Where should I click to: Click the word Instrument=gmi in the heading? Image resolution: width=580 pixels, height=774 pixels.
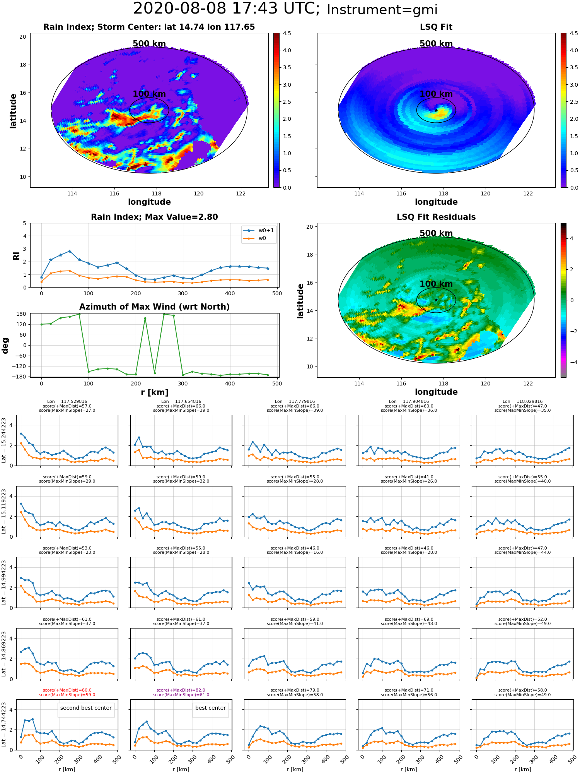click(382, 10)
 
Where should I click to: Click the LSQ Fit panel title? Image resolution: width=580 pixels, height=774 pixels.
click(436, 27)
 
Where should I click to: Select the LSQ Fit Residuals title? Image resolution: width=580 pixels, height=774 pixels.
click(436, 217)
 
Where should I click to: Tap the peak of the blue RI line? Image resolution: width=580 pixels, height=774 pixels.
click(70, 251)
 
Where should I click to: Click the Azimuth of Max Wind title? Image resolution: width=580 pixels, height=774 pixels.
click(154, 307)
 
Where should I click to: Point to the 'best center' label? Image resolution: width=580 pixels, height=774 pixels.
click(210, 708)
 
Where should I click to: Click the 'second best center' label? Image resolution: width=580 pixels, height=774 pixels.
click(86, 708)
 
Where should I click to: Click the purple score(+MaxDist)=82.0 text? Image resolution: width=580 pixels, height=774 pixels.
click(181, 690)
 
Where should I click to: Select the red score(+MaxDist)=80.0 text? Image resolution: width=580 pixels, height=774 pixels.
click(67, 690)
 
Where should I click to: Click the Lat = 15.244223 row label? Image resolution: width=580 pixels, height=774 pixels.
click(4, 440)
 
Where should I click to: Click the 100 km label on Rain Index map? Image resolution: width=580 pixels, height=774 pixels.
click(149, 94)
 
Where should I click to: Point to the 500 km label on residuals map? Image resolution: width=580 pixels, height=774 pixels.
click(436, 233)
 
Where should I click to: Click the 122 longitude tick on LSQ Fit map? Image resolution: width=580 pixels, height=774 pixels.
click(528, 193)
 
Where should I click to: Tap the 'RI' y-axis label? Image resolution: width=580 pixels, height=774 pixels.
click(16, 255)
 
